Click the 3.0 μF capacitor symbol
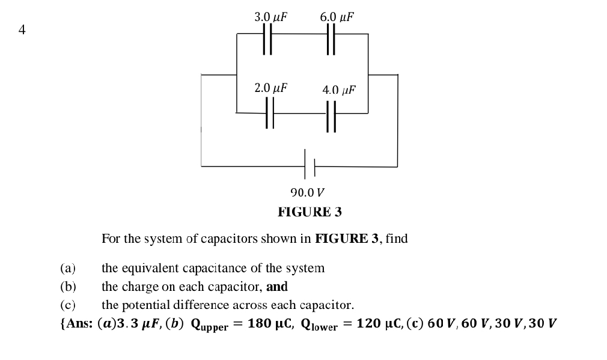click(267, 40)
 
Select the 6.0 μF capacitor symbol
click(330, 40)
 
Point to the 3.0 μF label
click(270, 17)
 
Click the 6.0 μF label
click(337, 17)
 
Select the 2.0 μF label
click(270, 88)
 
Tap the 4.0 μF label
click(339, 90)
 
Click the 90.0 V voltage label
click(307, 193)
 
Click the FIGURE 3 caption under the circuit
click(310, 212)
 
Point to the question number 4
click(22, 29)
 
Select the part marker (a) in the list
click(67, 268)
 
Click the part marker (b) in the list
click(67, 287)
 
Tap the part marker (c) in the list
click(67, 305)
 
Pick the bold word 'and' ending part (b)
click(277, 287)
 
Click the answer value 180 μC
click(269, 323)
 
